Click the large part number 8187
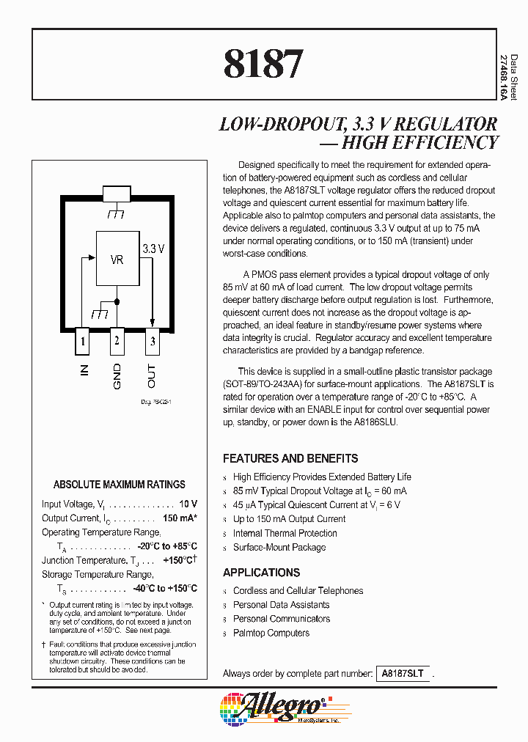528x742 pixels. [x=263, y=64]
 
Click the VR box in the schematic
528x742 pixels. [x=117, y=260]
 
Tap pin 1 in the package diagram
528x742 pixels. [x=84, y=341]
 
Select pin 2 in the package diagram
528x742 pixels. [x=117, y=341]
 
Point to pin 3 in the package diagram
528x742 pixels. [x=152, y=341]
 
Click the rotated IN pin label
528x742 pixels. [x=84, y=370]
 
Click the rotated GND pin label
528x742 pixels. [x=117, y=375]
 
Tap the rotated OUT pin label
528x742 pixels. [x=152, y=375]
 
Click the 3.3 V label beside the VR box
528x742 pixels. [x=154, y=249]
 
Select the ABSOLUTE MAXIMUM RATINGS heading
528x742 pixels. [x=120, y=485]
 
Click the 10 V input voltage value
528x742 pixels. [x=188, y=504]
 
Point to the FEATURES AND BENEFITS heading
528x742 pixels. [x=290, y=458]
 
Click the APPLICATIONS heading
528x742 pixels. [x=261, y=573]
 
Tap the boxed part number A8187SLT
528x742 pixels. [x=403, y=673]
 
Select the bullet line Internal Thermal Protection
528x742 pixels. [x=285, y=533]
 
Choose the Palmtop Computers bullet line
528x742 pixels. [x=271, y=633]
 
